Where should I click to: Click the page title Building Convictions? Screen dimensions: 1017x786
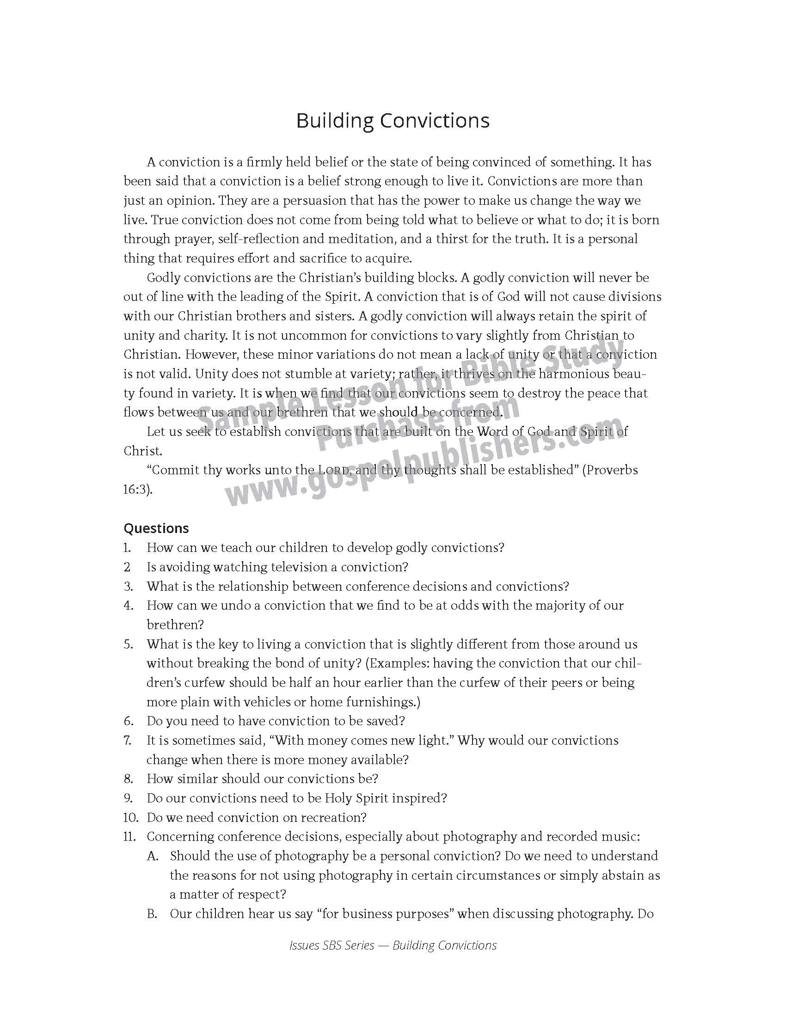[393, 121]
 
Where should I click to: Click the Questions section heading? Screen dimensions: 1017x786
[156, 528]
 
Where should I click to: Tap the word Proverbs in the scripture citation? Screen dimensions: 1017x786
[611, 470]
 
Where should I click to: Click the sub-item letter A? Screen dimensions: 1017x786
[152, 856]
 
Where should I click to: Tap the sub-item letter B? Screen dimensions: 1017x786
[152, 913]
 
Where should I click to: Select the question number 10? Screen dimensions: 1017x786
[130, 817]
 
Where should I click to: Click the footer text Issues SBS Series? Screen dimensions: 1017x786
[332, 946]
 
